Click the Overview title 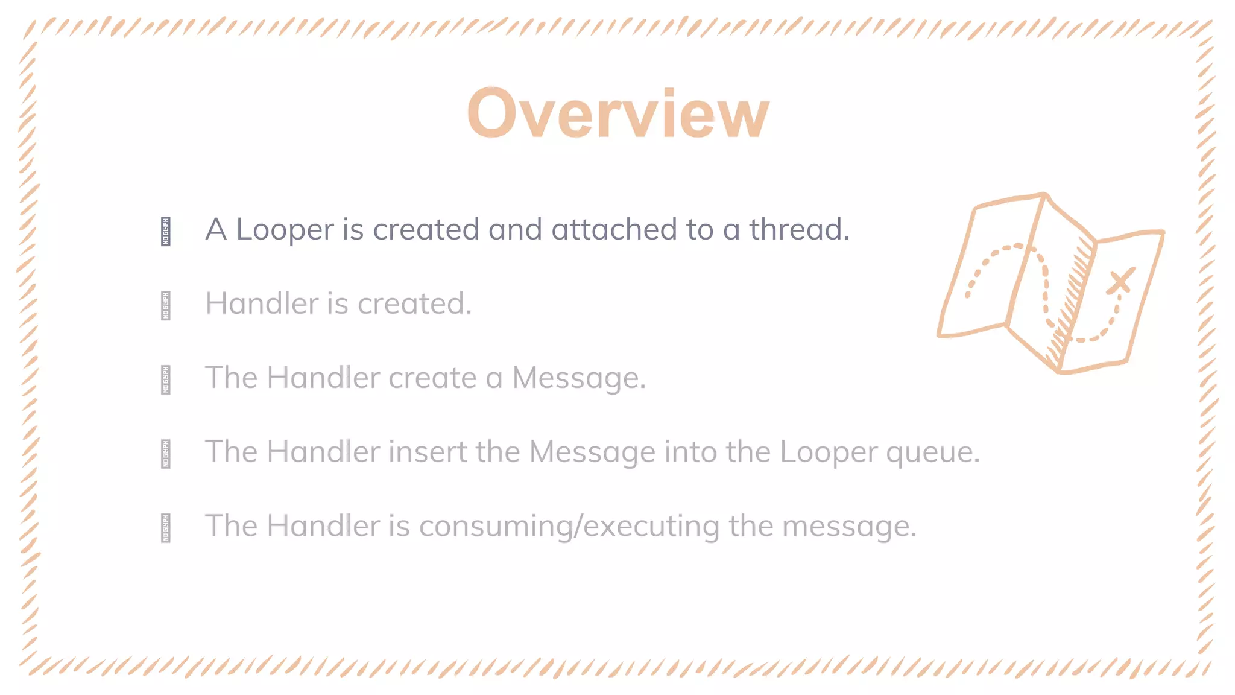pyautogui.click(x=618, y=114)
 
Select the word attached pyautogui.click(x=614, y=229)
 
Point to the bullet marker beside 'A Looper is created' pyautogui.click(x=166, y=232)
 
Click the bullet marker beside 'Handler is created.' pyautogui.click(x=166, y=306)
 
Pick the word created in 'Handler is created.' pyautogui.click(x=414, y=303)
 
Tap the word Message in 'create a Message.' pyautogui.click(x=578, y=378)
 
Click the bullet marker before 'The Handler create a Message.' pyautogui.click(x=166, y=380)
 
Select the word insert pyautogui.click(x=428, y=452)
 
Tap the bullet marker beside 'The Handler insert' pyautogui.click(x=166, y=454)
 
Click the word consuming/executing pyautogui.click(x=569, y=527)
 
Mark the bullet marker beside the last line pyautogui.click(x=166, y=528)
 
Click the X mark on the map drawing pyautogui.click(x=1120, y=281)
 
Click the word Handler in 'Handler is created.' pyautogui.click(x=262, y=303)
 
